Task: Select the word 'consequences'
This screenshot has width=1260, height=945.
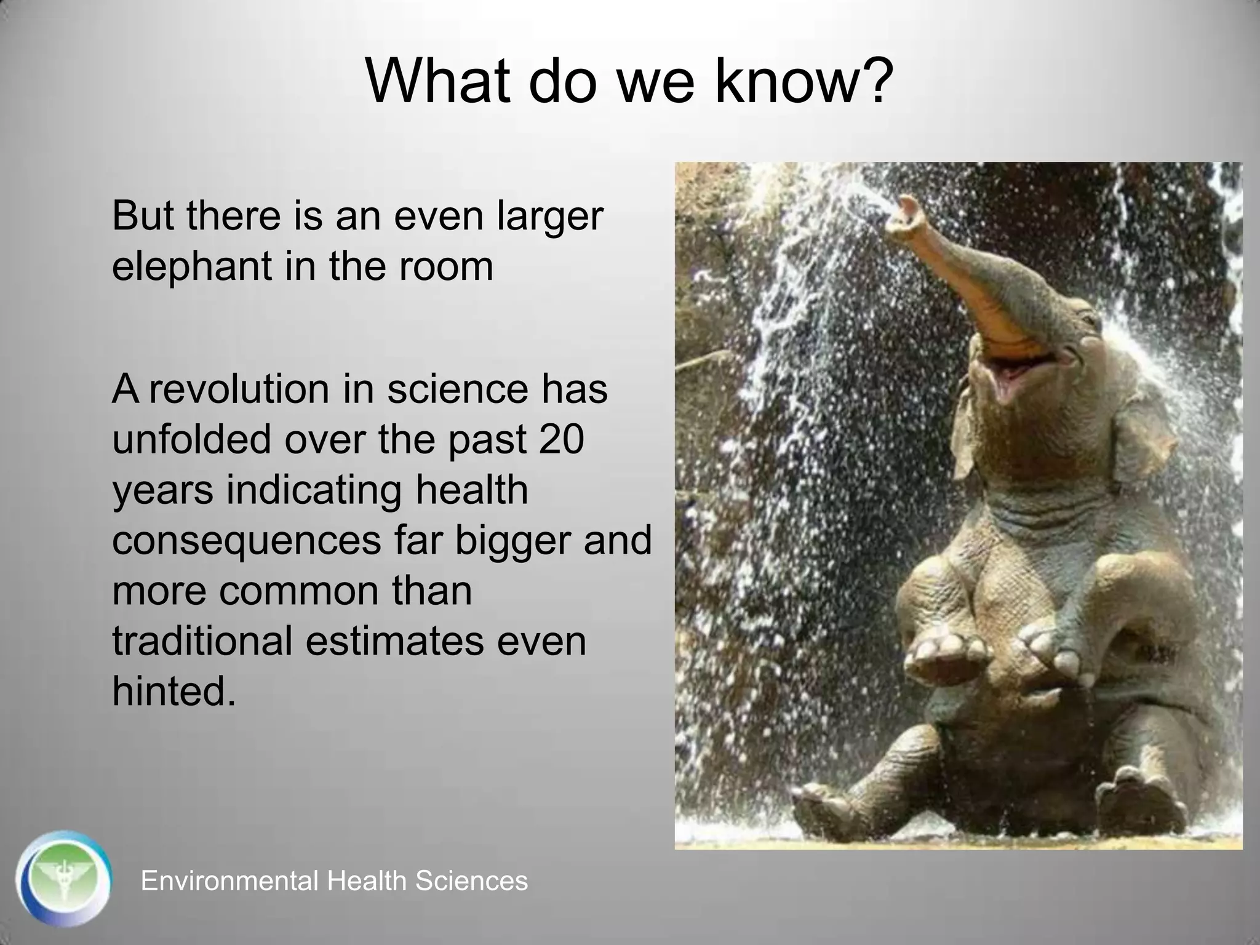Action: [x=246, y=540]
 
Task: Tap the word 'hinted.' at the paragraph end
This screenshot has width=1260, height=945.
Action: [x=174, y=691]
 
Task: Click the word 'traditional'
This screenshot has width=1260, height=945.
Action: [x=202, y=640]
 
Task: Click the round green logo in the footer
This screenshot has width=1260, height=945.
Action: [x=63, y=879]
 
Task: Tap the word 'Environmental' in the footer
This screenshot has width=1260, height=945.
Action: [x=228, y=881]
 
